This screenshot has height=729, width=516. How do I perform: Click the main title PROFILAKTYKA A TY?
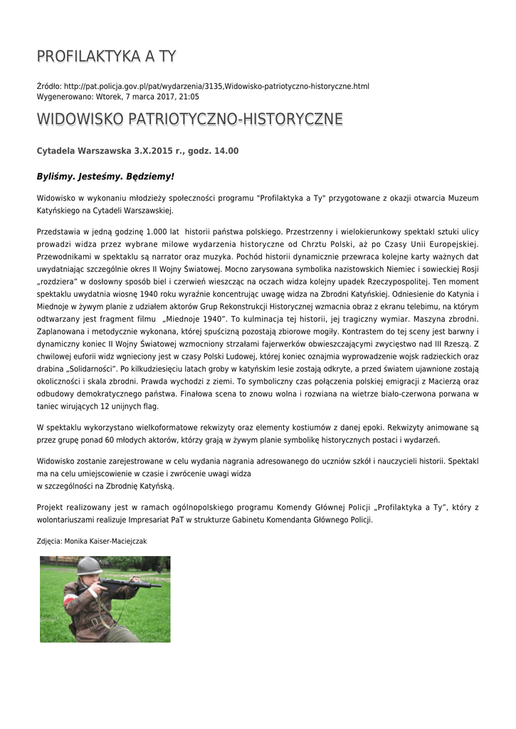(106, 56)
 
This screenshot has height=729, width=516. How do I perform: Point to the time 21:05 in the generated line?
(189, 96)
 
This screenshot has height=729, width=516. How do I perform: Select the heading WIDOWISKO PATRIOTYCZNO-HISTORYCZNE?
(189, 119)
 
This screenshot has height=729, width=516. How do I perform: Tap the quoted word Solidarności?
(88, 369)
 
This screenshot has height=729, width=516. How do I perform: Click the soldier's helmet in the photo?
(89, 566)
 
